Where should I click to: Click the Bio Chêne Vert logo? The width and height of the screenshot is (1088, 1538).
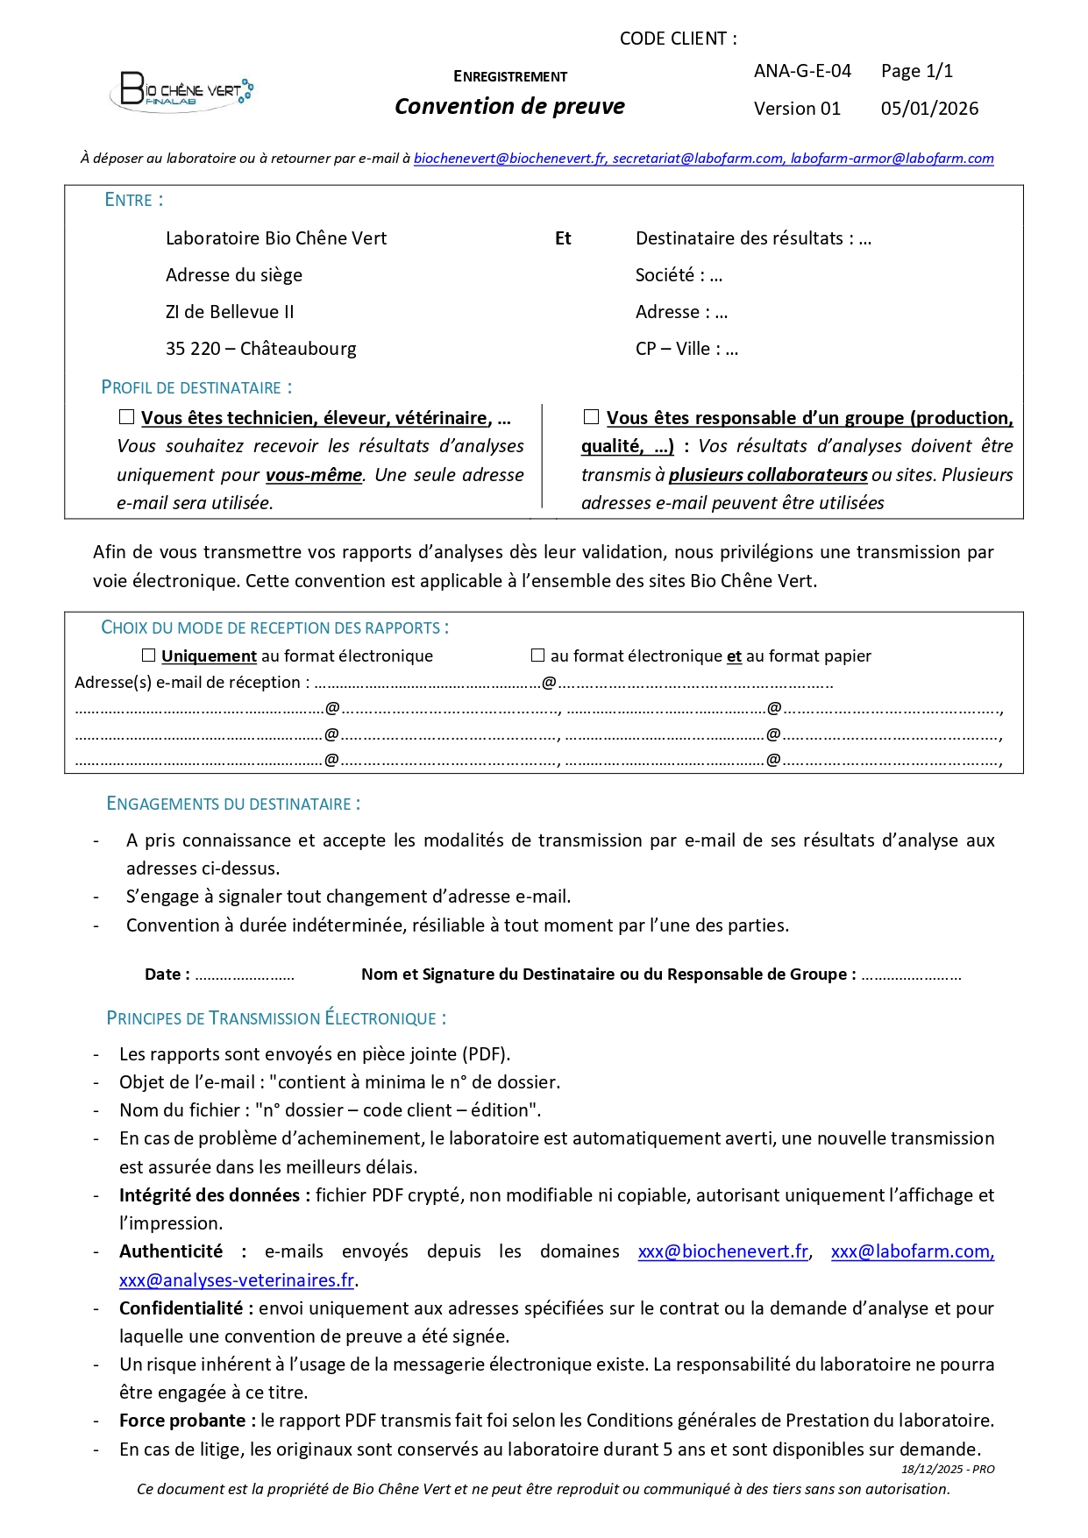point(181,90)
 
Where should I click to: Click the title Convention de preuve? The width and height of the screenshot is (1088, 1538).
point(509,107)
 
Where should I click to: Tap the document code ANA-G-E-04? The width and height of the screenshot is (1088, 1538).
point(802,71)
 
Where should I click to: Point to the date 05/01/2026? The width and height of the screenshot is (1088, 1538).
point(929,109)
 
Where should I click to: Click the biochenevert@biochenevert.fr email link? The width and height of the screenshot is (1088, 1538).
point(509,159)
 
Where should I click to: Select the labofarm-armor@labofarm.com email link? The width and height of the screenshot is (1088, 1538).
point(892,159)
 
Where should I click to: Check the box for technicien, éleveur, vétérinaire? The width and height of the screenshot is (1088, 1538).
point(127,417)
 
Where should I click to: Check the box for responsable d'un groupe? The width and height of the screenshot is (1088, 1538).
point(592,417)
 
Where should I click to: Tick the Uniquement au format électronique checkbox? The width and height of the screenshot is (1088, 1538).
point(149,656)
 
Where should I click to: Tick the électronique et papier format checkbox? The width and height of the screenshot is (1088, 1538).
point(538,656)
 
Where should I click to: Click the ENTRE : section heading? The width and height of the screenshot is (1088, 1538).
point(134,200)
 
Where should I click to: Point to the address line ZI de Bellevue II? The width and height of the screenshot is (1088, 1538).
point(230,312)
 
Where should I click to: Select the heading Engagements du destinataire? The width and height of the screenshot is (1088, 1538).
point(233,804)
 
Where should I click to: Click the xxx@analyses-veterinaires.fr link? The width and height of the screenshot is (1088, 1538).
point(237,1280)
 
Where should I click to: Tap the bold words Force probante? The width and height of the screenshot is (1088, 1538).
point(182,1421)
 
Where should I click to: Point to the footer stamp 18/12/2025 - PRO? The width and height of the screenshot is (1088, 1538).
point(948,1469)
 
